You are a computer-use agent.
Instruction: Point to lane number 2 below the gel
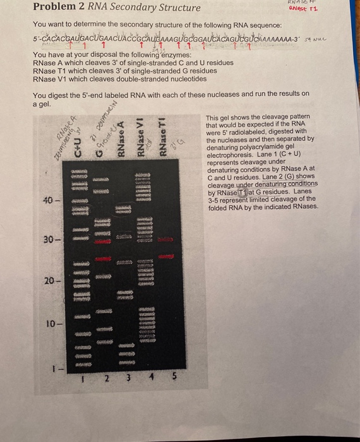107,379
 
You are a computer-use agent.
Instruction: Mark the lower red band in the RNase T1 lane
166,257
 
